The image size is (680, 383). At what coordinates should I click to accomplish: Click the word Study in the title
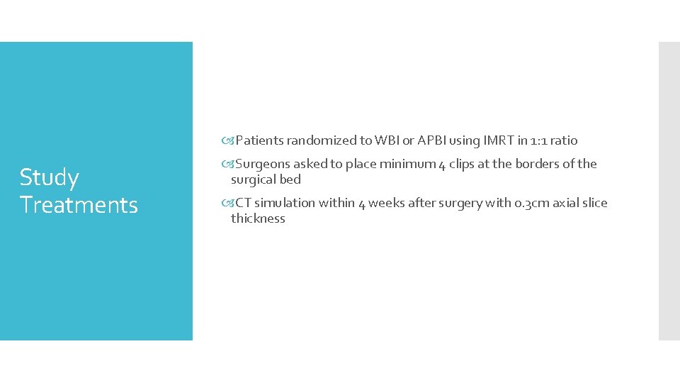[x=49, y=177]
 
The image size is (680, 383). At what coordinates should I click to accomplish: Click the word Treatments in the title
[x=79, y=205]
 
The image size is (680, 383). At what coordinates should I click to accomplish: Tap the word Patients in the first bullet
[x=258, y=140]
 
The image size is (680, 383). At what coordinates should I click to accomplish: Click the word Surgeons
[x=263, y=164]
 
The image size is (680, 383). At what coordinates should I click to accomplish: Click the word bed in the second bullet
[x=291, y=179]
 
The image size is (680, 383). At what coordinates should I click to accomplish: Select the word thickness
[x=258, y=218]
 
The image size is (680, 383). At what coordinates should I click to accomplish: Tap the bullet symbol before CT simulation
[x=227, y=203]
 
